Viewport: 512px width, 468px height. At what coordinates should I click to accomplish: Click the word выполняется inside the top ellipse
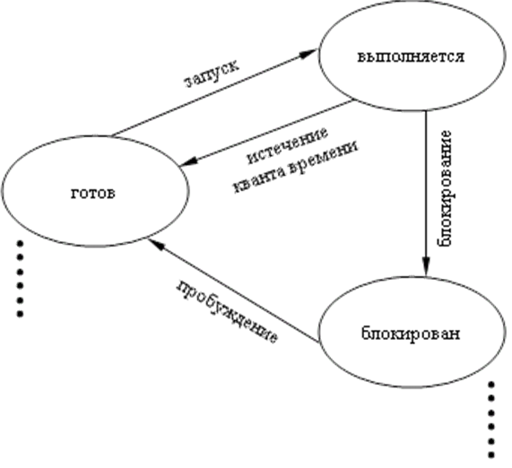pyautogui.click(x=411, y=56)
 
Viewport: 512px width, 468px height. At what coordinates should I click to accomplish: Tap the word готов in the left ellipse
pyautogui.click(x=93, y=194)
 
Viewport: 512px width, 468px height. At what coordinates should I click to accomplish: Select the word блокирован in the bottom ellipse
pyautogui.click(x=411, y=334)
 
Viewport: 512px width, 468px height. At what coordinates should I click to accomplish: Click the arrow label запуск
pyautogui.click(x=212, y=74)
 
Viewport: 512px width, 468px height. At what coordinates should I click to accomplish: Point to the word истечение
pyautogui.click(x=287, y=145)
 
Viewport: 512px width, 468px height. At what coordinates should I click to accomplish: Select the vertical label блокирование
pyautogui.click(x=445, y=188)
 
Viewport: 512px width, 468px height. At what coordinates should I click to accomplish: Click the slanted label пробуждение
pyautogui.click(x=228, y=312)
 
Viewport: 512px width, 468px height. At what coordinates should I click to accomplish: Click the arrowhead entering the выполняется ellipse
pyautogui.click(x=308, y=54)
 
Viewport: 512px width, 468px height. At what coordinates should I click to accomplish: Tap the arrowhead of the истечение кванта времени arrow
pyautogui.click(x=188, y=161)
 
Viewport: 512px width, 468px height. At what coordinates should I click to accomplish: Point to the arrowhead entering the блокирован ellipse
pyautogui.click(x=425, y=266)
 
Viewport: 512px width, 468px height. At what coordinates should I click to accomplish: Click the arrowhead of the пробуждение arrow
pyautogui.click(x=155, y=244)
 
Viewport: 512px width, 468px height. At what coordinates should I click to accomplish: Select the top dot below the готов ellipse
pyautogui.click(x=20, y=243)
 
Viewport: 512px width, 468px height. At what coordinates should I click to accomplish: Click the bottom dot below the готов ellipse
pyautogui.click(x=20, y=314)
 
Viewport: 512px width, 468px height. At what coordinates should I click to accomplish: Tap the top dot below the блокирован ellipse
pyautogui.click(x=490, y=385)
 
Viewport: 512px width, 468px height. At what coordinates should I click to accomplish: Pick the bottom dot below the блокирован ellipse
pyautogui.click(x=490, y=455)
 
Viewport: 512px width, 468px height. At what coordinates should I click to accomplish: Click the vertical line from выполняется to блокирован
pyautogui.click(x=425, y=194)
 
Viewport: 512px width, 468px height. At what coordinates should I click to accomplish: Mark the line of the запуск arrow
pyautogui.click(x=214, y=92)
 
